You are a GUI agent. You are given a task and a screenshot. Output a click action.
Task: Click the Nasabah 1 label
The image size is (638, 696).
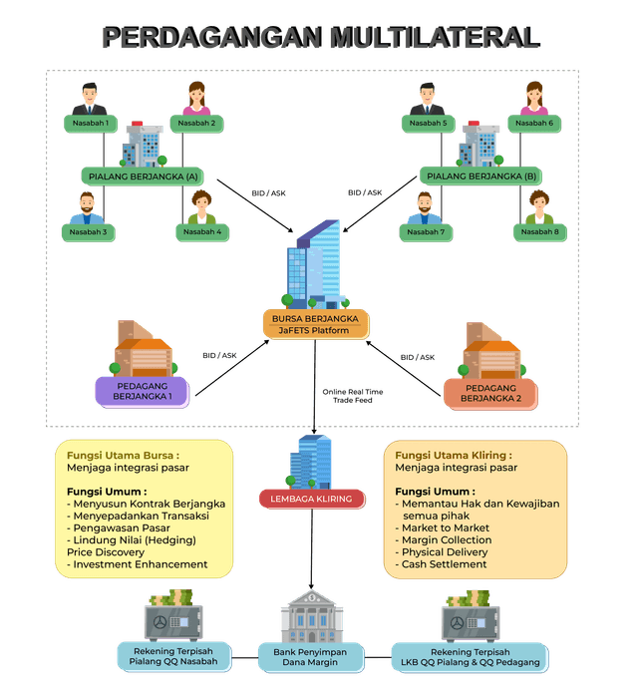click(x=91, y=124)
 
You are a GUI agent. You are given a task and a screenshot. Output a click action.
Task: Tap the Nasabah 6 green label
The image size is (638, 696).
click(x=534, y=124)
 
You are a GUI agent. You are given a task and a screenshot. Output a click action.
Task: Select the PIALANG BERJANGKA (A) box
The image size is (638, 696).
click(x=143, y=176)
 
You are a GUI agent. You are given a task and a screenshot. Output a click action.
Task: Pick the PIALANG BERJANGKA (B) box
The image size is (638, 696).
click(x=480, y=176)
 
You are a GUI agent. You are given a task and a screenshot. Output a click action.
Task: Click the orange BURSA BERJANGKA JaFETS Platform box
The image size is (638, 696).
click(x=315, y=324)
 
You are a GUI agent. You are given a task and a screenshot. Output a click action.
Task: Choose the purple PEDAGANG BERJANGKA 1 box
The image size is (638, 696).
click(x=143, y=392)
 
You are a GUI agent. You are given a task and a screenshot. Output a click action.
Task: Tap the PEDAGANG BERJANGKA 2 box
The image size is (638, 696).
click(x=490, y=393)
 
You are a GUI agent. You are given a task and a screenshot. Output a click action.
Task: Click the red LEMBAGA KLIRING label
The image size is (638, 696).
click(x=311, y=499)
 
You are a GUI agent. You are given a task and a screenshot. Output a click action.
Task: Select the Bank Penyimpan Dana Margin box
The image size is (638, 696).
click(x=311, y=657)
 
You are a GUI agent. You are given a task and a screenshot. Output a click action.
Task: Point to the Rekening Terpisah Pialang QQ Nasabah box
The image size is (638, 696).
click(x=173, y=656)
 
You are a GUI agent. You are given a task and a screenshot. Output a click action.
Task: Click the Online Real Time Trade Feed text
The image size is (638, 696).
click(x=353, y=396)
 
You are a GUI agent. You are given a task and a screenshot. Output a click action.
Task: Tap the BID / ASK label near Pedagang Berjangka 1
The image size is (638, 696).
click(x=219, y=356)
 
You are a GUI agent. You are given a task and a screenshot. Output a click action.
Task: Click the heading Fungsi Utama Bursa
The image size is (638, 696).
click(x=123, y=456)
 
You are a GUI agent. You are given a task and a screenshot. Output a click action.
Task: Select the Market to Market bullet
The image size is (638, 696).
click(x=442, y=527)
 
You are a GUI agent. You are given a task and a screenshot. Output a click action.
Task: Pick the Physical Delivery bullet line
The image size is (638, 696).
click(x=442, y=552)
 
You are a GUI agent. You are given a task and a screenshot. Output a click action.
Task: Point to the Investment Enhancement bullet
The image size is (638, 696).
click(x=138, y=564)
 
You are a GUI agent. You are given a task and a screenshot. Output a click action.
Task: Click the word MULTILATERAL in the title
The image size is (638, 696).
click(x=435, y=37)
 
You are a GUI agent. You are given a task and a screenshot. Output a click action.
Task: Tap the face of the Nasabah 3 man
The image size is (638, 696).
click(x=87, y=204)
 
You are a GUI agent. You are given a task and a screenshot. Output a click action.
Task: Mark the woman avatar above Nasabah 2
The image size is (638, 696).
click(x=196, y=99)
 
